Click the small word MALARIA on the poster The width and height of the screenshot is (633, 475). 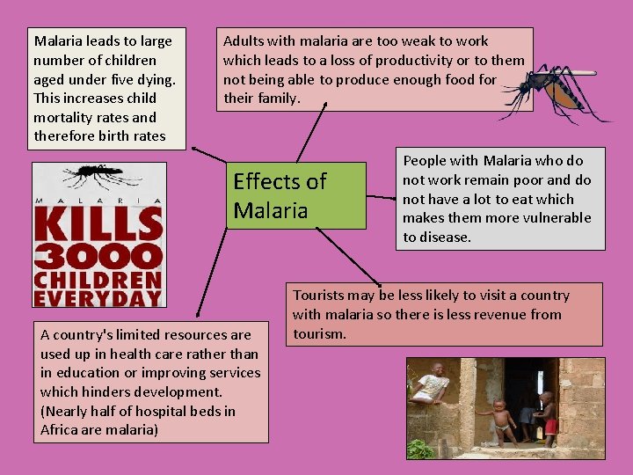click(x=98, y=201)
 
